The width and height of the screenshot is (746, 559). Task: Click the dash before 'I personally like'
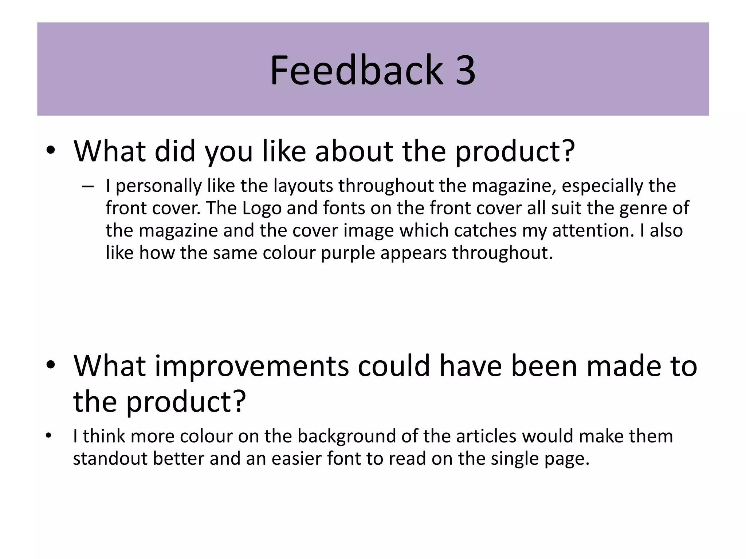[88, 187]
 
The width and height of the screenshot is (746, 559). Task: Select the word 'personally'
[158, 186]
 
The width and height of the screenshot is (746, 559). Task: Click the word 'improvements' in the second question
[252, 366]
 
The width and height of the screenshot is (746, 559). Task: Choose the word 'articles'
[486, 436]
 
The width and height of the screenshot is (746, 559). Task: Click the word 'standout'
[110, 458]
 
